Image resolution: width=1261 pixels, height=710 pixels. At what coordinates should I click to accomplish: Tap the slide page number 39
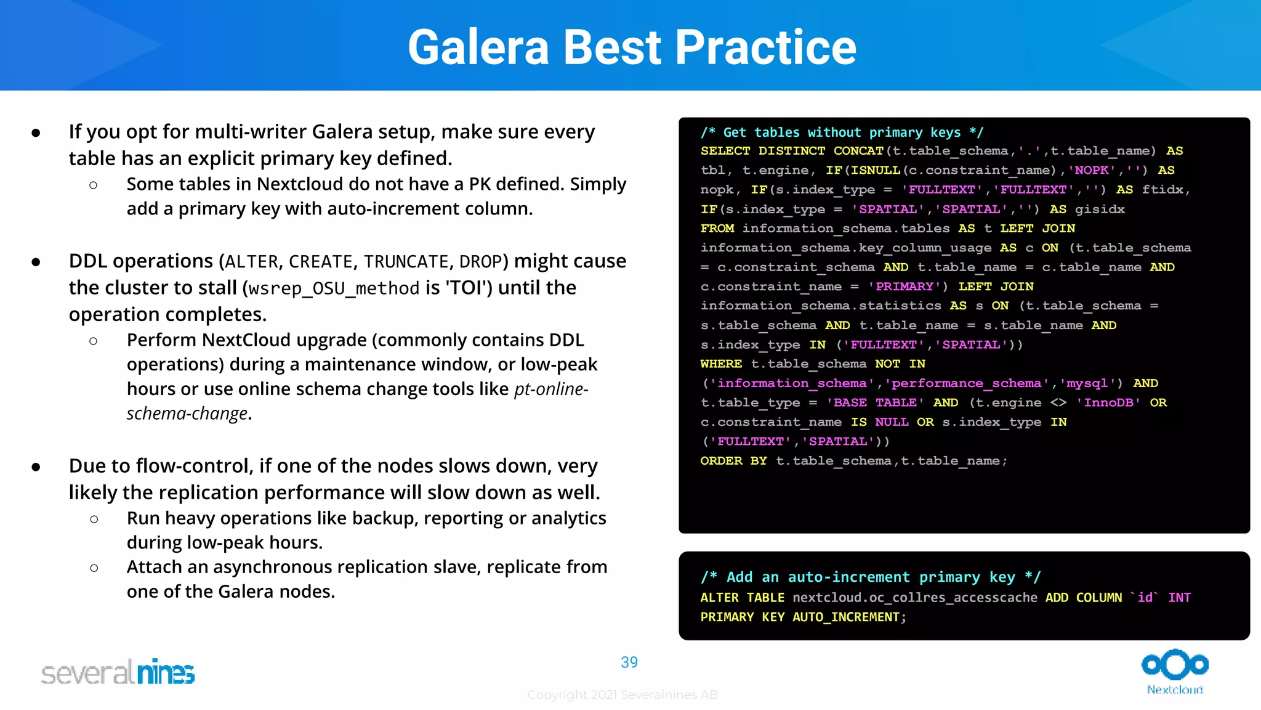coord(629,662)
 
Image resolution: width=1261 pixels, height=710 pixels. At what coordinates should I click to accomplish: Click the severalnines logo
coord(118,672)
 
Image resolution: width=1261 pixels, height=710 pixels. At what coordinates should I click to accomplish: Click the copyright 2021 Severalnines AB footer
coord(622,695)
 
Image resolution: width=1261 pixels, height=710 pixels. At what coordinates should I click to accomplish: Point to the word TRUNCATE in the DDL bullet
coord(405,262)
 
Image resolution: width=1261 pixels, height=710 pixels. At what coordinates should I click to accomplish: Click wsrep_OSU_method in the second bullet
coord(334,288)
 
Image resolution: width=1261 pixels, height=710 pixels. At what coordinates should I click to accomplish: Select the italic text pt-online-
coord(550,390)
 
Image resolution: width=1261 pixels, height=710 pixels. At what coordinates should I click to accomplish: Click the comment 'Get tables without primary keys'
coord(841,133)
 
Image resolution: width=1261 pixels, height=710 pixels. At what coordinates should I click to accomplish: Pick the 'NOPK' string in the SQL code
coord(1092,170)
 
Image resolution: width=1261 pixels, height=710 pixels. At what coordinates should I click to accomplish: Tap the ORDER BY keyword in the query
coord(733,461)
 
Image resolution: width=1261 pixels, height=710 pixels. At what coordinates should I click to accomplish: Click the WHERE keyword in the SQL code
coord(720,364)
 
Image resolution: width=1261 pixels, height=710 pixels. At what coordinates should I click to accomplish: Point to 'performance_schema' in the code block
coord(967,383)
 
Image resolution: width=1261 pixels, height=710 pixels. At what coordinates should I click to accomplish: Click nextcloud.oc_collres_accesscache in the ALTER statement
coord(914,598)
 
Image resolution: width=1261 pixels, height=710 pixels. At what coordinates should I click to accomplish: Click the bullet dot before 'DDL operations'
coord(36,263)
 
